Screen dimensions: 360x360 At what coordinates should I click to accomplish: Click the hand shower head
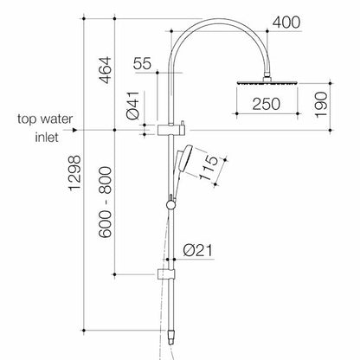184,159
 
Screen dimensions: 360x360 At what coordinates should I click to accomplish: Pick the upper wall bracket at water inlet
170,130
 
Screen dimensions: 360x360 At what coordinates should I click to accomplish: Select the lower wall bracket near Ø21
164,276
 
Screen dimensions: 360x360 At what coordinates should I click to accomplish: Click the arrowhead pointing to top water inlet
78,130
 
